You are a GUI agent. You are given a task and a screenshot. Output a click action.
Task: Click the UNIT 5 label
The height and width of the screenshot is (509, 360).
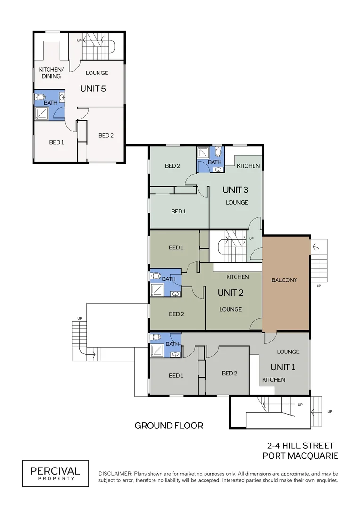pyautogui.click(x=93, y=89)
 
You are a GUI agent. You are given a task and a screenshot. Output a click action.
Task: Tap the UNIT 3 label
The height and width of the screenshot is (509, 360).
pyautogui.click(x=235, y=189)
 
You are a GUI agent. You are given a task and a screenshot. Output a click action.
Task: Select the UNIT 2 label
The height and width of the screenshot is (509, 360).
pyautogui.click(x=230, y=293)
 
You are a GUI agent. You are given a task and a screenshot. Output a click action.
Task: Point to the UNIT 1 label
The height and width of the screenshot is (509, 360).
pyautogui.click(x=283, y=367)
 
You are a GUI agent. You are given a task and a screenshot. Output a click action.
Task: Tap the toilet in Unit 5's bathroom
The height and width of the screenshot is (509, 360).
pyautogui.click(x=41, y=97)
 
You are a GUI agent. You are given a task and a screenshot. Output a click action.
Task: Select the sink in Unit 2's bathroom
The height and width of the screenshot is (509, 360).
pyautogui.click(x=176, y=294)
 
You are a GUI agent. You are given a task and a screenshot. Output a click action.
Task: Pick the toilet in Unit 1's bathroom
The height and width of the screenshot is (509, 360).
pyautogui.click(x=156, y=337)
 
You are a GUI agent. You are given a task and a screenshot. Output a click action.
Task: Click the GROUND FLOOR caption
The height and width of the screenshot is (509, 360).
pyautogui.click(x=169, y=426)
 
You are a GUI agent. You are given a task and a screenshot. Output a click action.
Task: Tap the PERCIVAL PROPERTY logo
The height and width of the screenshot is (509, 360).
pyautogui.click(x=55, y=473)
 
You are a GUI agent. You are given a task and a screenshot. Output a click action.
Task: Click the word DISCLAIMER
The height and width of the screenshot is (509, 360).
pyautogui.click(x=115, y=474)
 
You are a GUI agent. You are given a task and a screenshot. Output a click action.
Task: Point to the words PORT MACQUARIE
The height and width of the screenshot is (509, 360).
pyautogui.click(x=300, y=456)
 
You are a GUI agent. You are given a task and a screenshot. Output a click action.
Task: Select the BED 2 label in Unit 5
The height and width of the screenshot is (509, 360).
pyautogui.click(x=106, y=135)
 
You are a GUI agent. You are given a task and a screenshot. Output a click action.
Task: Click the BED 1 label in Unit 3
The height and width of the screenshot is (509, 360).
pyautogui.click(x=179, y=211)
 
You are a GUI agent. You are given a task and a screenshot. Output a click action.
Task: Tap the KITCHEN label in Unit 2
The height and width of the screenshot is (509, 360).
pyautogui.click(x=237, y=277)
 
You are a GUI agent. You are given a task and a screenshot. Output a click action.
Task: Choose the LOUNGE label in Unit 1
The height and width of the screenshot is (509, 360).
pyautogui.click(x=288, y=352)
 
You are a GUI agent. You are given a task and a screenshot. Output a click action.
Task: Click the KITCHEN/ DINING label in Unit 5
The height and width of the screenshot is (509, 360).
pyautogui.click(x=51, y=73)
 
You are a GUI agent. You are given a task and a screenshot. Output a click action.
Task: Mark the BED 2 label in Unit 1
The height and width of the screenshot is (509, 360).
pyautogui.click(x=229, y=373)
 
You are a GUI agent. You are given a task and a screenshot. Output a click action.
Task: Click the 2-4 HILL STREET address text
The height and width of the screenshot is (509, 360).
pyautogui.click(x=300, y=446)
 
